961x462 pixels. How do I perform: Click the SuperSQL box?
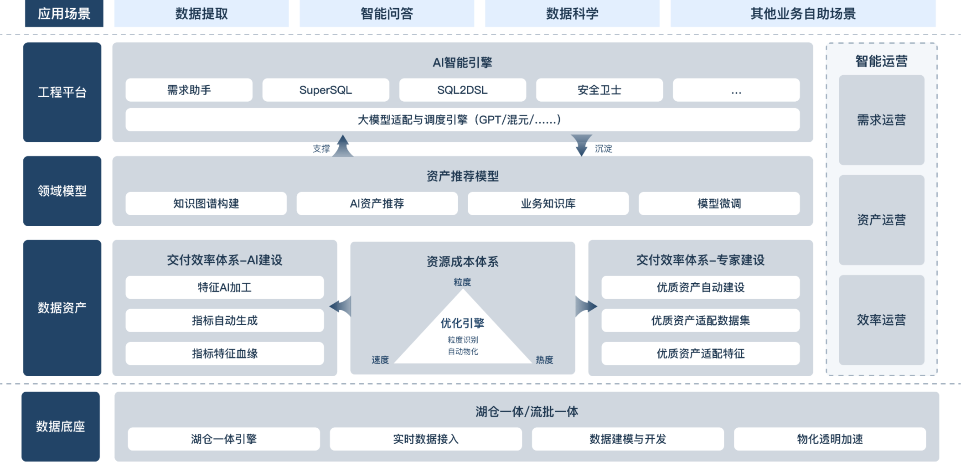pyautogui.click(x=325, y=90)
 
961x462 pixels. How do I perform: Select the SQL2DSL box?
pyautogui.click(x=462, y=90)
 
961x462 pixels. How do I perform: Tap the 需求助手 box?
pyautogui.click(x=189, y=90)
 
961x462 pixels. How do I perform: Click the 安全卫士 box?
pyautogui.click(x=599, y=90)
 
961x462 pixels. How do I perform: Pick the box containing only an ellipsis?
pyautogui.click(x=736, y=90)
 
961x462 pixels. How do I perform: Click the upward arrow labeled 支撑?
pyautogui.click(x=343, y=146)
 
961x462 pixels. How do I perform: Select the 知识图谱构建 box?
pyautogui.click(x=206, y=203)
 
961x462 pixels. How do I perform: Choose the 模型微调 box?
pyautogui.click(x=719, y=203)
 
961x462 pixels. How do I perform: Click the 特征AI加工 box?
pyautogui.click(x=224, y=287)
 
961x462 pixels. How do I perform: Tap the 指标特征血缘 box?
pyautogui.click(x=224, y=353)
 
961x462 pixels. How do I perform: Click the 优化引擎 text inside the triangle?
pyautogui.click(x=462, y=323)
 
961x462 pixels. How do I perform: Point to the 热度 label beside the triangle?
pyautogui.click(x=544, y=360)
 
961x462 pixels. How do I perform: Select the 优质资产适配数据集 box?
pyautogui.click(x=700, y=320)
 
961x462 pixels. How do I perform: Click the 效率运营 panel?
pyautogui.click(x=881, y=320)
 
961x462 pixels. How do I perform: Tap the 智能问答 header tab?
pyautogui.click(x=387, y=14)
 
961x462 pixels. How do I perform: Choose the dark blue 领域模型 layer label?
pyautogui.click(x=62, y=191)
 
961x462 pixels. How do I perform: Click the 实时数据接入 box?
pyautogui.click(x=426, y=439)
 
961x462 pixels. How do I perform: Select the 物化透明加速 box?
pyautogui.click(x=830, y=439)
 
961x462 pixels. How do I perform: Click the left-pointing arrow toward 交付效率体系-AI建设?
pyautogui.click(x=341, y=306)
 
